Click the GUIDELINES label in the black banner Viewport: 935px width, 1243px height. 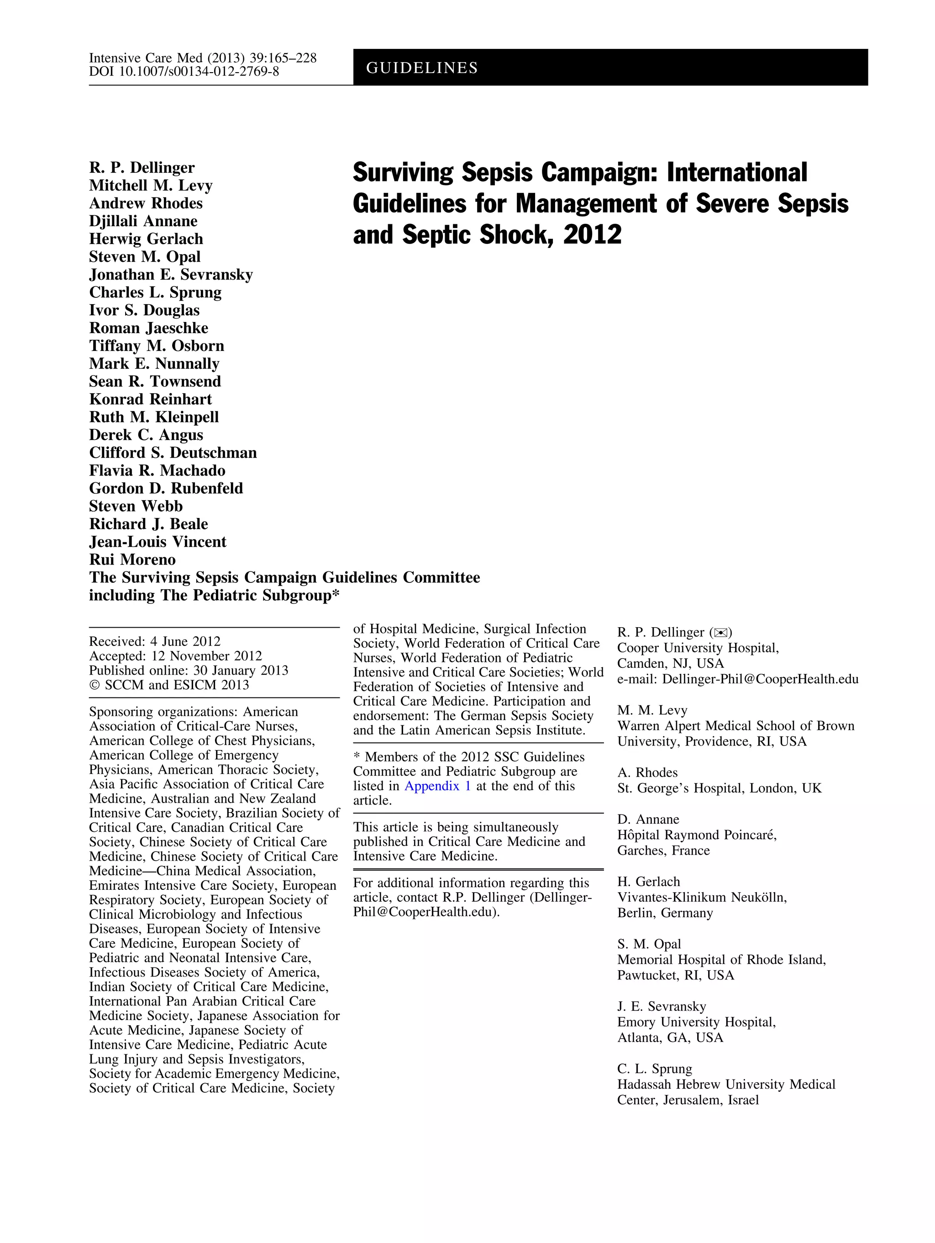[422, 68]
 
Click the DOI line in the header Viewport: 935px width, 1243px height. [184, 71]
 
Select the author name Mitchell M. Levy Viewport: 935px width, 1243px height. [151, 185]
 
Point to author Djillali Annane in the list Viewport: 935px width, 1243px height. [143, 221]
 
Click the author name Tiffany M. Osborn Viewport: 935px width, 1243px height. [156, 346]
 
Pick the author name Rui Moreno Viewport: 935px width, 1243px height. [132, 560]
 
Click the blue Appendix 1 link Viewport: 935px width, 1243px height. [437, 786]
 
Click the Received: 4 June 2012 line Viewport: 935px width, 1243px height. [154, 641]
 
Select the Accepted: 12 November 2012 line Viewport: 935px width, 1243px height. [175, 656]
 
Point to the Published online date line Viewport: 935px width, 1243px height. [188, 671]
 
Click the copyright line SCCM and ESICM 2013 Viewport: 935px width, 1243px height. [168, 685]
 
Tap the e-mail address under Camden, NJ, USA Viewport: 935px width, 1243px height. [737, 679]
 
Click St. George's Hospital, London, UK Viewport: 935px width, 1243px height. [719, 788]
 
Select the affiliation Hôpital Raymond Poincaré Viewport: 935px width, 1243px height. [696, 835]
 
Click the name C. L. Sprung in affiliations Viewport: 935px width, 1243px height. [654, 1069]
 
